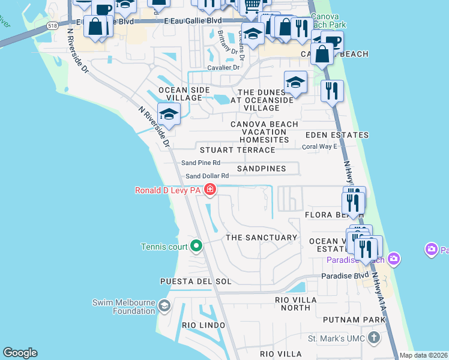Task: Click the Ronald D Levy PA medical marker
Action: tap(209, 191)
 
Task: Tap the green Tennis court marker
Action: tap(196, 246)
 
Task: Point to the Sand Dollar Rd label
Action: tap(207, 176)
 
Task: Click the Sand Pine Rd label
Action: tap(200, 163)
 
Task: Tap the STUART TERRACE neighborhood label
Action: tap(237, 150)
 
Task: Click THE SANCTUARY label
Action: tap(261, 238)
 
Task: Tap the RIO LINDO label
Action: tap(203, 325)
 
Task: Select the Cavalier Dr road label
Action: tap(223, 68)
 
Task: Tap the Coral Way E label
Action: tap(319, 146)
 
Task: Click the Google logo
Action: tap(20, 353)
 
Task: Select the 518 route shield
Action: tap(53, 26)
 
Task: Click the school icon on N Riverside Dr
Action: tap(169, 115)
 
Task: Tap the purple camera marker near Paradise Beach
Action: tap(430, 249)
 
